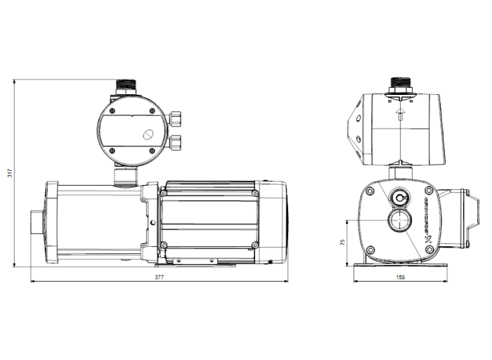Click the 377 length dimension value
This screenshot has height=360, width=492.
pos(159,278)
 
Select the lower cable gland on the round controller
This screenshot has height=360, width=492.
pos(176,143)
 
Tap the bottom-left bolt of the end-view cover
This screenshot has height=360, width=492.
pos(369,248)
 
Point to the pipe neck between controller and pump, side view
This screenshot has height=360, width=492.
pos(126,176)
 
